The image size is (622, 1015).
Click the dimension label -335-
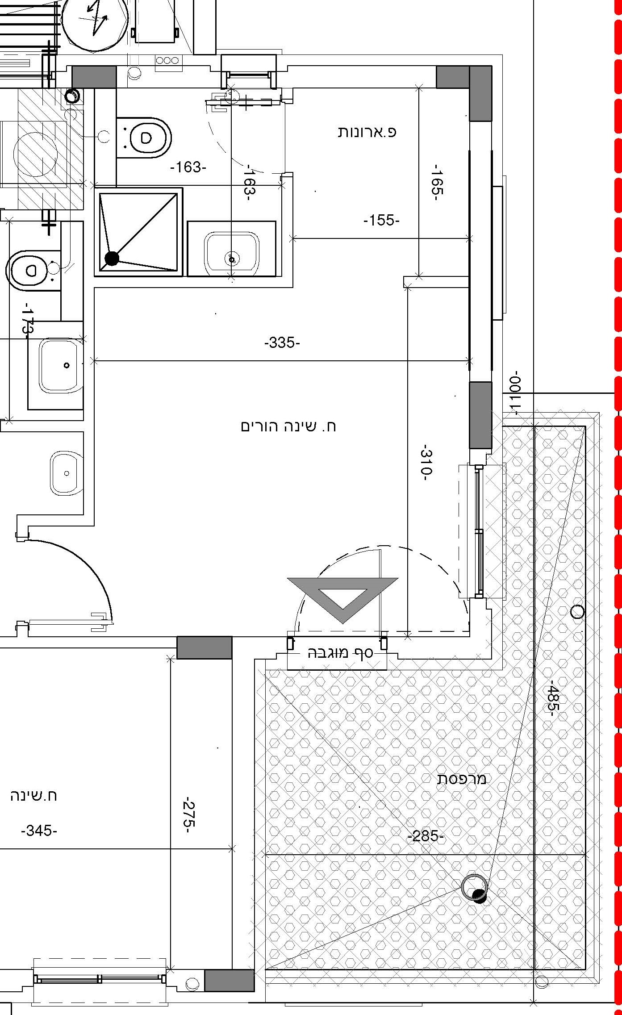click(282, 343)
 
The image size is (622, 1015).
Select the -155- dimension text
click(381, 220)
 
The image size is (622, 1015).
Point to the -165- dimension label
click(437, 182)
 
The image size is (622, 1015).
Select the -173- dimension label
click(28, 319)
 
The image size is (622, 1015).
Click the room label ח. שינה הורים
click(288, 426)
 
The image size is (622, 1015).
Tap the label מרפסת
click(461, 779)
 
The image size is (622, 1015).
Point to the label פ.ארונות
click(367, 132)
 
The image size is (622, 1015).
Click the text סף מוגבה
click(340, 653)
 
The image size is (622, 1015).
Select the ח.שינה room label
click(33, 796)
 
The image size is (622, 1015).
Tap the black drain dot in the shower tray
click(112, 258)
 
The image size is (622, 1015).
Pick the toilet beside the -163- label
click(144, 137)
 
